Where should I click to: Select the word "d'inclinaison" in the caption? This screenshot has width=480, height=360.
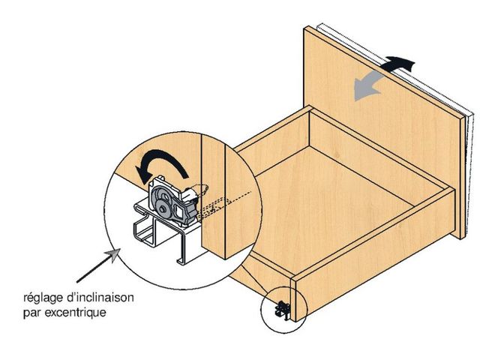(99, 297)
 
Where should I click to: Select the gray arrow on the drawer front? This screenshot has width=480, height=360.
(367, 85)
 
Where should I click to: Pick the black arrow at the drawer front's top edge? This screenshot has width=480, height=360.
(398, 63)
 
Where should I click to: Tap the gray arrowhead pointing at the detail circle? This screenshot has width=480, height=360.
(113, 255)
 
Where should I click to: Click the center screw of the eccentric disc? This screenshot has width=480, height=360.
(161, 210)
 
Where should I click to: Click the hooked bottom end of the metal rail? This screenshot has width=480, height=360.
(181, 261)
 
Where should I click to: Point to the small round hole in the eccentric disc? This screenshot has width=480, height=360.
(163, 196)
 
